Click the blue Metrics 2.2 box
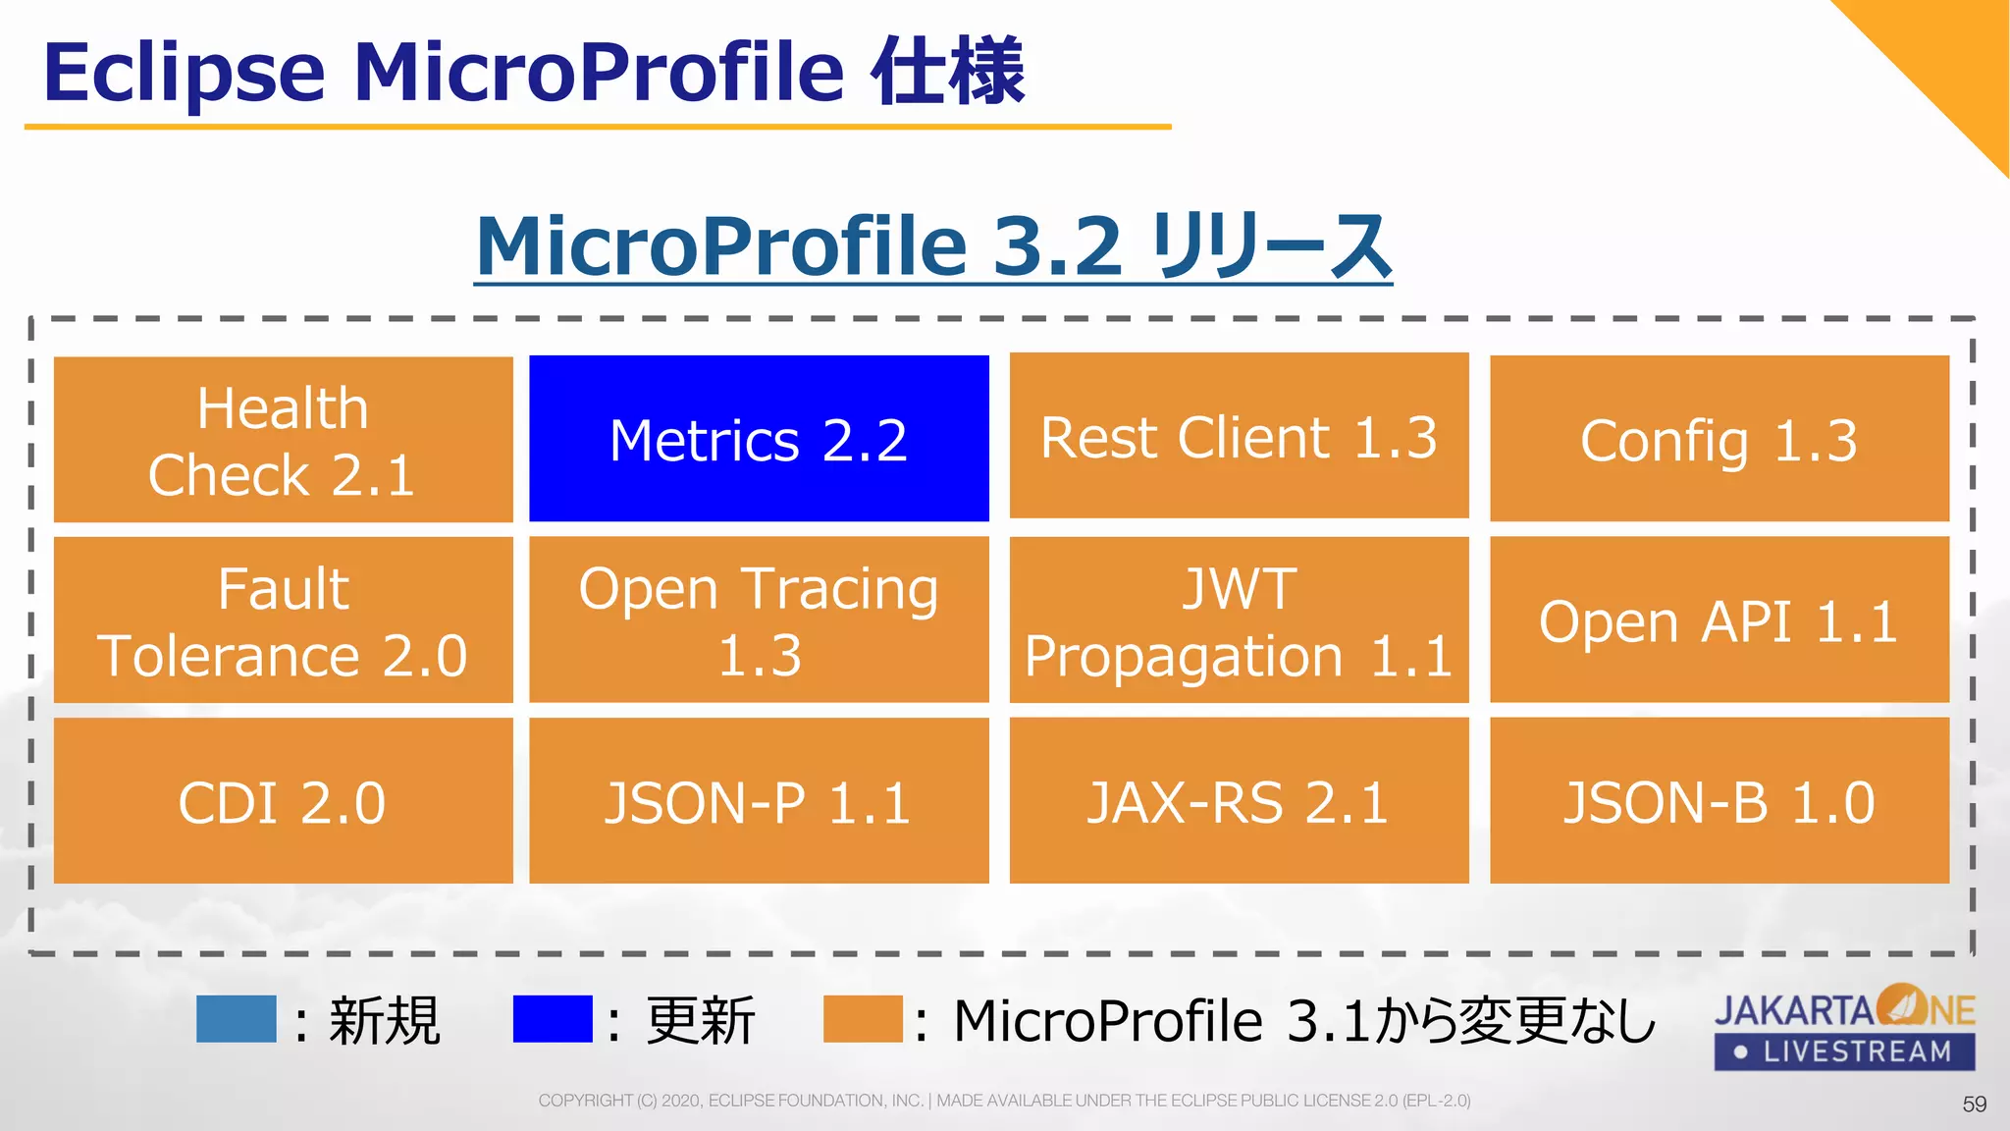click(759, 438)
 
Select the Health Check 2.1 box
click(283, 439)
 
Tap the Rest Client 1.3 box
click(1239, 436)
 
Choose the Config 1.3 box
click(1719, 439)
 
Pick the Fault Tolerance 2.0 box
click(283, 619)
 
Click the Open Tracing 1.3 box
click(759, 619)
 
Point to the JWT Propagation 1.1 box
click(1239, 619)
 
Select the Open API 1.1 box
click(1719, 619)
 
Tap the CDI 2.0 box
click(283, 800)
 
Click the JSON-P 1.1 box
click(759, 800)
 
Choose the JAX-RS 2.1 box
click(1239, 800)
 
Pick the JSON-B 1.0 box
click(1719, 800)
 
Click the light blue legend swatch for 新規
click(236, 1018)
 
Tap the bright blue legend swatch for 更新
click(553, 1018)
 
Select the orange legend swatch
click(863, 1018)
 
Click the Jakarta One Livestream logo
click(1844, 1027)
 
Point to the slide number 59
click(1974, 1104)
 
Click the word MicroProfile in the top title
click(599, 73)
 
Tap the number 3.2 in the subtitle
click(1056, 246)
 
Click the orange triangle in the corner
click(1948, 59)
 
